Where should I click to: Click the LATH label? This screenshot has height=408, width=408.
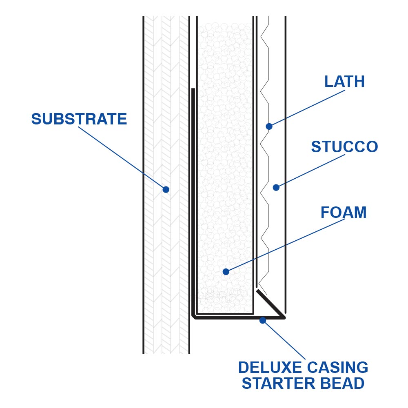pos(344,82)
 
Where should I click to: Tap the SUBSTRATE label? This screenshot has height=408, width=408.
pos(79,119)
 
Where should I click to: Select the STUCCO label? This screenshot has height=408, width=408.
pos(344,147)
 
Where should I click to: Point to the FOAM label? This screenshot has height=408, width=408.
pos(344,213)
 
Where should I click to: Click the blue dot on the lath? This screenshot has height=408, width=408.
pos(269,126)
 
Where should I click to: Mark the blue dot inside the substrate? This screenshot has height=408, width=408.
pos(166,189)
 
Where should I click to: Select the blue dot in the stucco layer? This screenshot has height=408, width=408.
pos(276,188)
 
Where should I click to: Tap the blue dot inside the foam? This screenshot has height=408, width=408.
pos(226,272)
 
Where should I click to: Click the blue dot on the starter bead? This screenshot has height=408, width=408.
pos(263,320)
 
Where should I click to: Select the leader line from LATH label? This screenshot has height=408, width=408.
pos(306,109)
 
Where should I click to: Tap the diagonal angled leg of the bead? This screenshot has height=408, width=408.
pos(270,304)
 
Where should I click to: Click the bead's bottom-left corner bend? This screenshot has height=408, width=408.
pos(194,316)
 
